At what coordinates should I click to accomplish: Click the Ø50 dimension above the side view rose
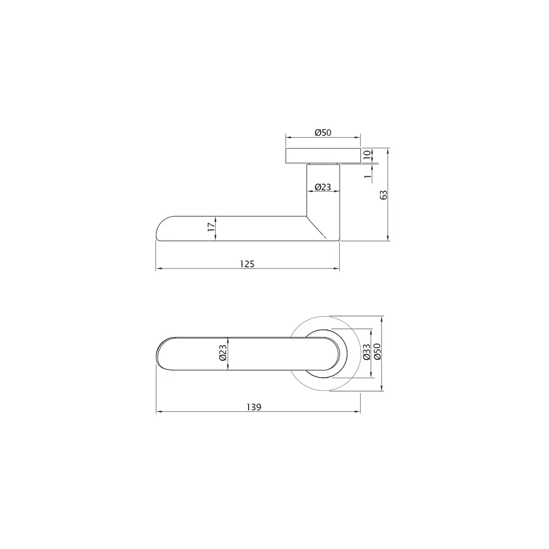[322, 132]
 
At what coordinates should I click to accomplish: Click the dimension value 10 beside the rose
[367, 155]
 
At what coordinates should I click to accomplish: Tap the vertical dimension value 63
[384, 194]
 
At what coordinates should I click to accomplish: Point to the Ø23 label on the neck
[323, 187]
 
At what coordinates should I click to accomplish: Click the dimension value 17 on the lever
[210, 228]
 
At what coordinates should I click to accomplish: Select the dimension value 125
[247, 264]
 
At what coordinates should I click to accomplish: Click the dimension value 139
[253, 407]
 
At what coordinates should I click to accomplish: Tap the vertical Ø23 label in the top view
[222, 353]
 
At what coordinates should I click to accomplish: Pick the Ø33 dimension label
[367, 352]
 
